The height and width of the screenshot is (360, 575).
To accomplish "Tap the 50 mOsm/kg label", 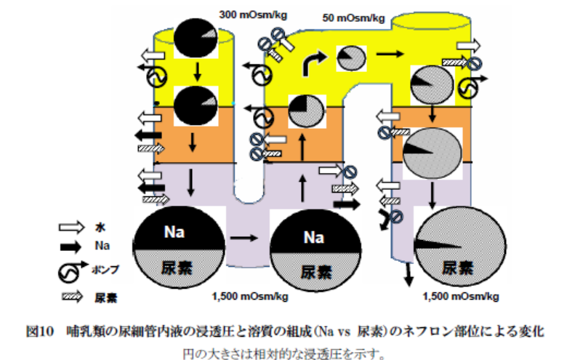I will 354,18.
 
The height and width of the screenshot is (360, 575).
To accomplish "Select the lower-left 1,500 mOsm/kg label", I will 251,296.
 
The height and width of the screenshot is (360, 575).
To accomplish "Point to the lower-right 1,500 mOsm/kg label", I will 459,296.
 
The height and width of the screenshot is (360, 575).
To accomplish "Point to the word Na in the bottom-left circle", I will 174,232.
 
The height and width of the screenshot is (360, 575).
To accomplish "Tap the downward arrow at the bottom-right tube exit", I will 409,273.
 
